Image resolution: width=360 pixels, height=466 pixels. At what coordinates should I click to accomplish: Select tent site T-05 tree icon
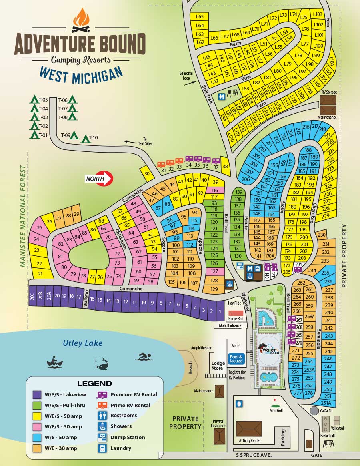pos(34,100)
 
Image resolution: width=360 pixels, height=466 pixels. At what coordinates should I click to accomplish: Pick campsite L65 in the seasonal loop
pos(200,16)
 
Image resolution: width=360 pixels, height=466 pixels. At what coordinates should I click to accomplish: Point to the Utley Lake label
pos(82,343)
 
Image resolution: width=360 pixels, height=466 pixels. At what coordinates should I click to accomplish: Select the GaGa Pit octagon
pos(314,410)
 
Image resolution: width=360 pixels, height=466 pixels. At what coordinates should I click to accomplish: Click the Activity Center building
pos(249,429)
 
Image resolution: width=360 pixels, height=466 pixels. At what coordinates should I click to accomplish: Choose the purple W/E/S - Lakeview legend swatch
pos(37,395)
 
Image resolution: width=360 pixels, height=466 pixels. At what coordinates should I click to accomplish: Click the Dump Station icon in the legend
pos(102,438)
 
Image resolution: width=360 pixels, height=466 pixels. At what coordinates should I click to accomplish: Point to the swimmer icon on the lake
pos(144,356)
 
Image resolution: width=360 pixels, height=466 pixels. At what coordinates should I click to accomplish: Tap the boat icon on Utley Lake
pos(55,362)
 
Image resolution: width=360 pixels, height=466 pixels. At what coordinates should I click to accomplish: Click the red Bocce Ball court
pos(236,313)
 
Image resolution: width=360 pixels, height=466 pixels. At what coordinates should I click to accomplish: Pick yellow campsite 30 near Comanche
pos(147,174)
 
